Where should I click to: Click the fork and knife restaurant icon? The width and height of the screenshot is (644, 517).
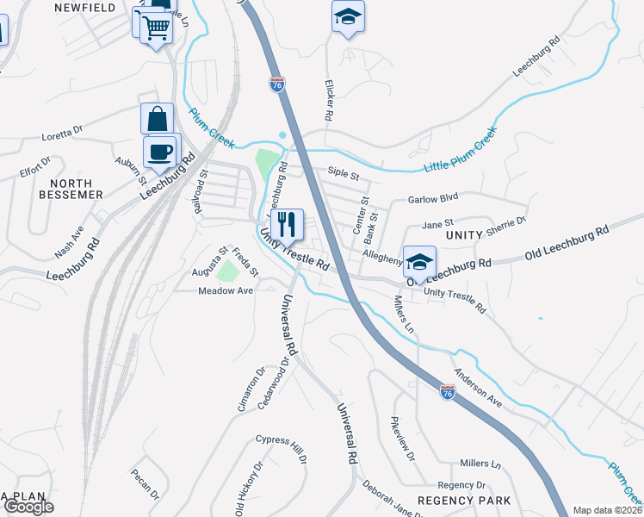[x=287, y=224]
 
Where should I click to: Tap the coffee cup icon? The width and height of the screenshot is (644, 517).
[x=159, y=152]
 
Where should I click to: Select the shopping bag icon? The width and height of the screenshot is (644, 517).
[x=158, y=119]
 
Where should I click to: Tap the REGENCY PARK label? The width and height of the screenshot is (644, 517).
[x=464, y=501]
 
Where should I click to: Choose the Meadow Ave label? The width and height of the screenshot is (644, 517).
[x=226, y=290]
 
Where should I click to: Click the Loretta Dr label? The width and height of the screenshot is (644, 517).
[x=63, y=134]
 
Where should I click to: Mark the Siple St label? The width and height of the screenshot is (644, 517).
[x=343, y=173]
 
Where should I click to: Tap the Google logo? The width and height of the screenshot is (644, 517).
[x=28, y=507]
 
